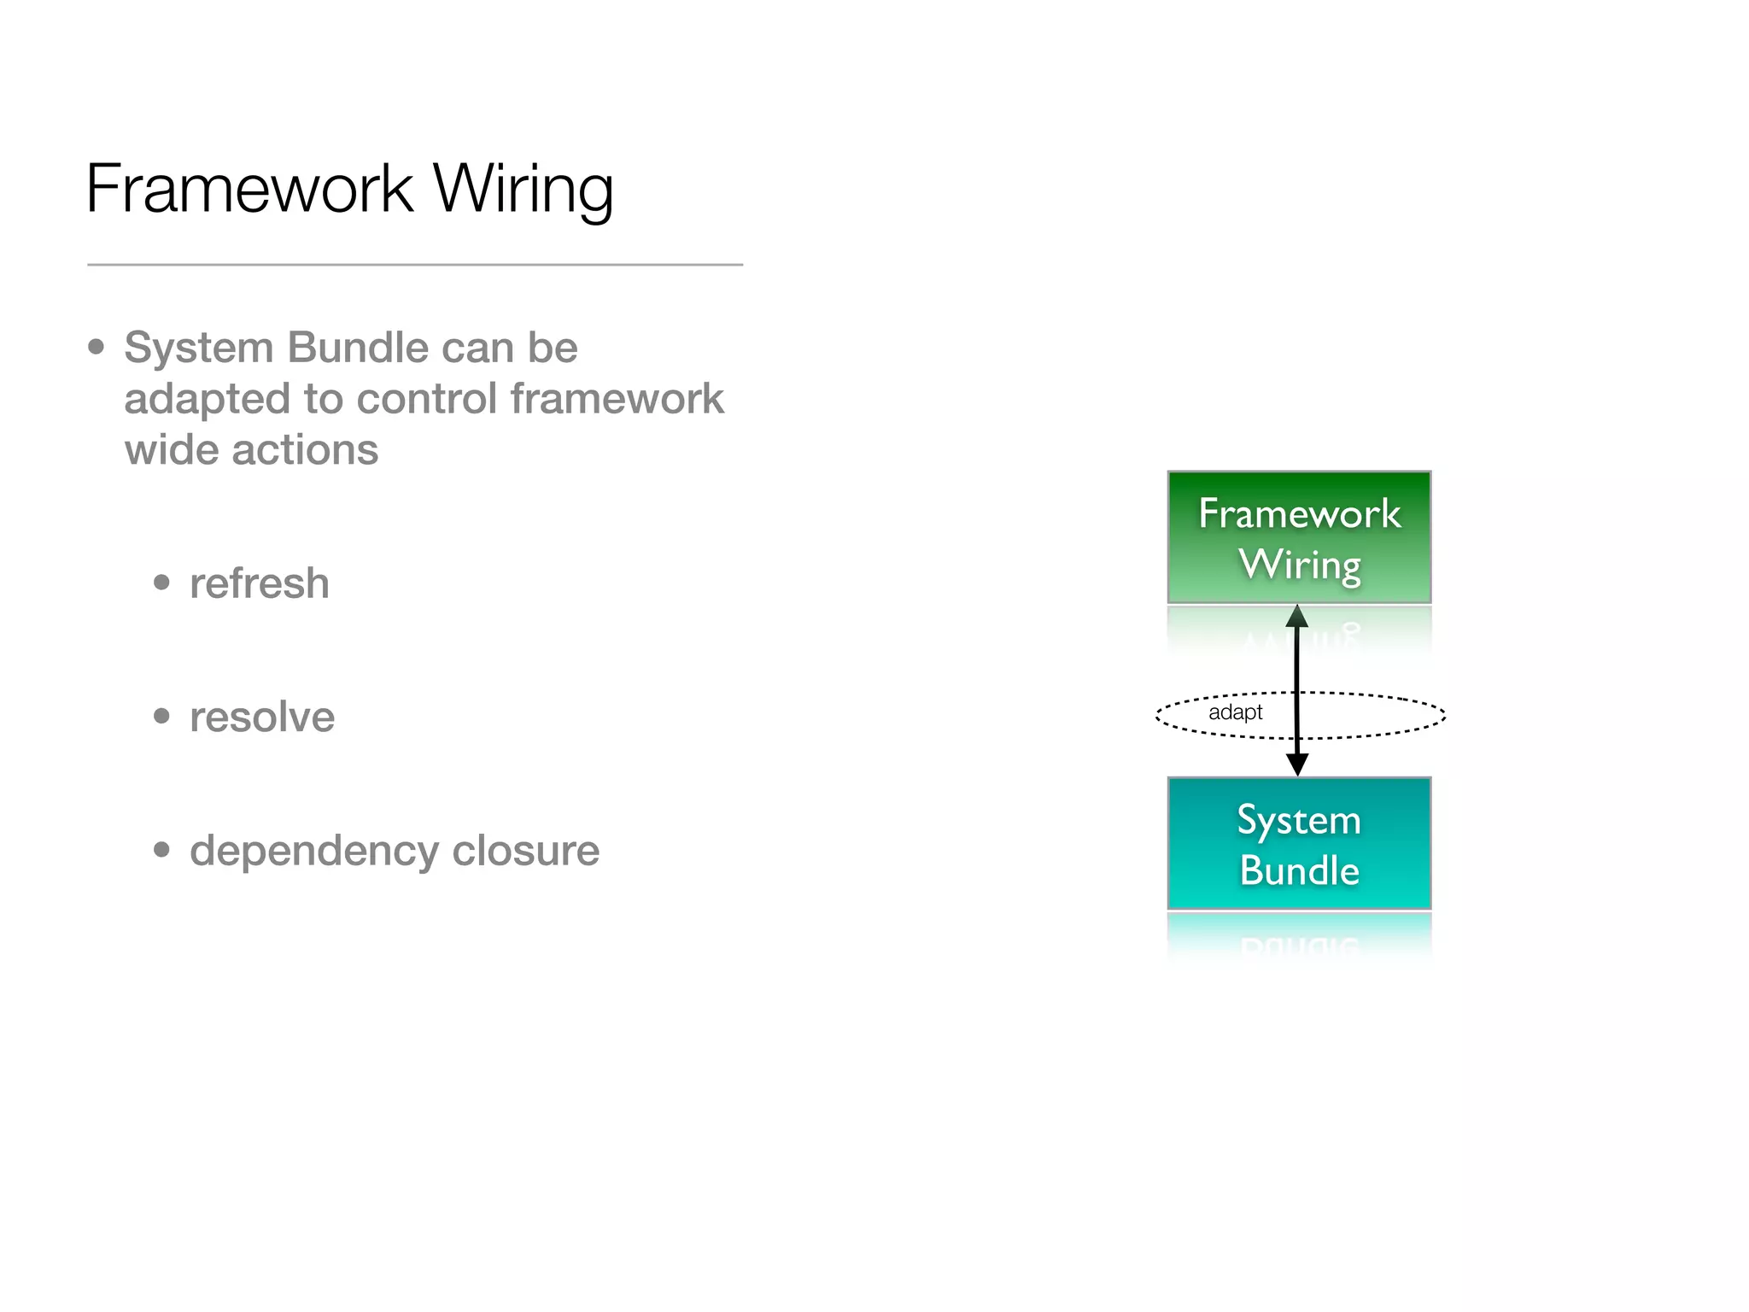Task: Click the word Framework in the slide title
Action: coord(249,189)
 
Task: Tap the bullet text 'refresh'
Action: coord(259,583)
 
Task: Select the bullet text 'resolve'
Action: coord(261,717)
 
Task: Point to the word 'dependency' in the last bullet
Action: coord(313,851)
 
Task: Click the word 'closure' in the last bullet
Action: coord(525,851)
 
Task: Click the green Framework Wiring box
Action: coord(1299,537)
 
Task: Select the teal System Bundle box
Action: coord(1299,844)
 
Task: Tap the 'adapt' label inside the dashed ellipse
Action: coord(1235,712)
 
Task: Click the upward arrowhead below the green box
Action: coord(1297,617)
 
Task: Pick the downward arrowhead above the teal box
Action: coord(1297,764)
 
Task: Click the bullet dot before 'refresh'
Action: coord(161,583)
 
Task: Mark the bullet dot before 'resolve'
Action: coord(161,716)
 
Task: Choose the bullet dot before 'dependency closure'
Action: coord(161,850)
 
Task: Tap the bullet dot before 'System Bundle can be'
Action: coord(97,347)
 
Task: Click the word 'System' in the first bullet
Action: coord(198,348)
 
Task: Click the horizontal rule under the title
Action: coord(415,265)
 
